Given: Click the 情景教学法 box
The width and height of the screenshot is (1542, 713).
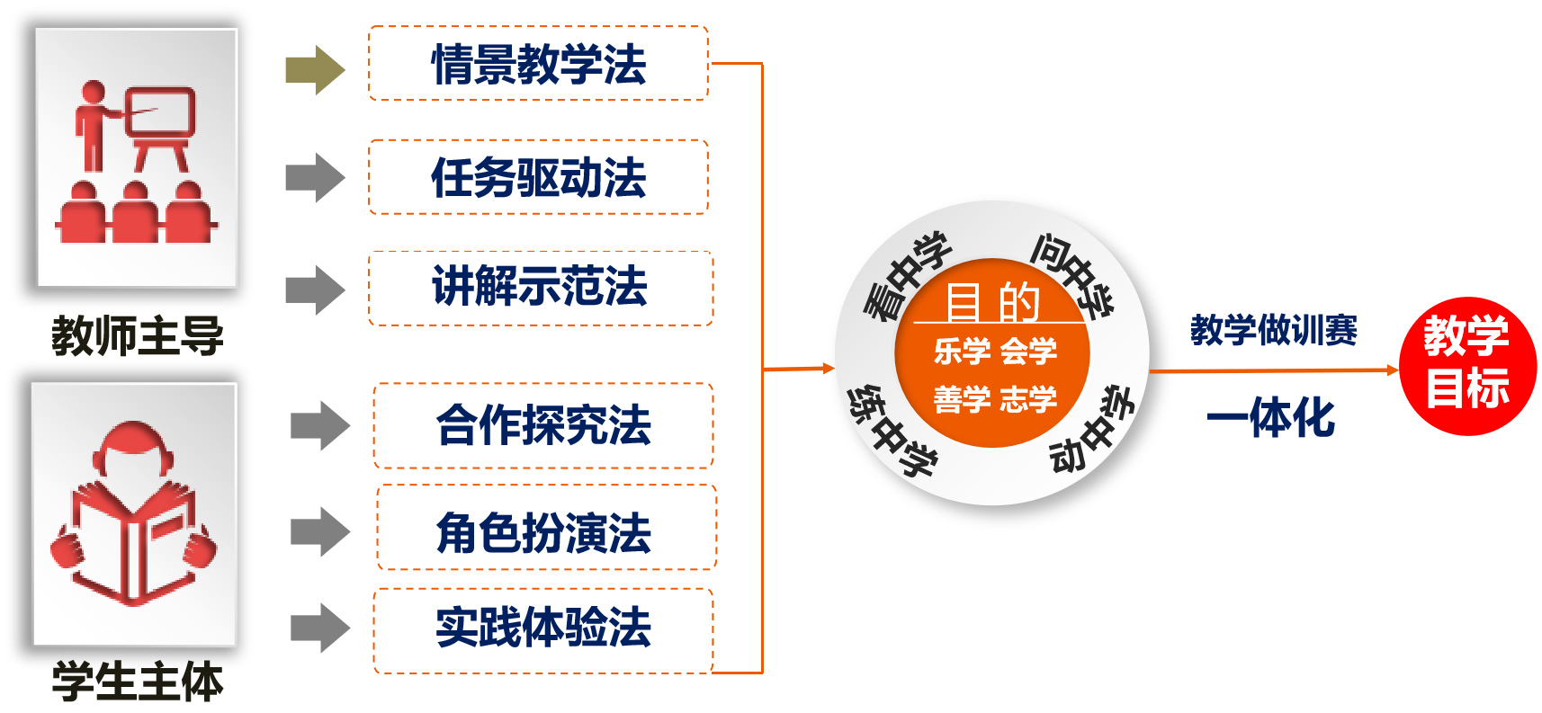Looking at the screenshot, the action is click(x=538, y=64).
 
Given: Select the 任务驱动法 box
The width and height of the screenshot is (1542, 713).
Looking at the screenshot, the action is click(x=538, y=177).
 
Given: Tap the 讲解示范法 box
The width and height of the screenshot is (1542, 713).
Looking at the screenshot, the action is click(x=540, y=288).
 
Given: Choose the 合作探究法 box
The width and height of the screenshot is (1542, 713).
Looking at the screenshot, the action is click(x=543, y=425).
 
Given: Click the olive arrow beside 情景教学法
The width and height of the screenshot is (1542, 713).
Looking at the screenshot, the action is click(x=315, y=69).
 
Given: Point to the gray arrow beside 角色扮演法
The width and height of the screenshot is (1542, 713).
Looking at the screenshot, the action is click(x=319, y=531).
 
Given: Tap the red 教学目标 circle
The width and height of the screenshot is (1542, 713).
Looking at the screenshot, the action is click(x=1467, y=366).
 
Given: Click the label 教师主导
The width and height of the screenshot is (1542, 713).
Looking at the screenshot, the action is click(x=137, y=335).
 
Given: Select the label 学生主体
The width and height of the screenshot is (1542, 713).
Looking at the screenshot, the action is click(x=137, y=681).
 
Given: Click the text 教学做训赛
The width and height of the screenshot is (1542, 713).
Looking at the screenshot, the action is click(x=1273, y=330).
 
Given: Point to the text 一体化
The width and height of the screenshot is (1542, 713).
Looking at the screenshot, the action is click(x=1271, y=417).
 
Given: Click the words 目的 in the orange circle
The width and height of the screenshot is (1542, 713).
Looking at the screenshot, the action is click(x=992, y=302).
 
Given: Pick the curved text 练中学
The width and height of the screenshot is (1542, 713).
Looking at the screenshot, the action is click(x=892, y=431).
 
